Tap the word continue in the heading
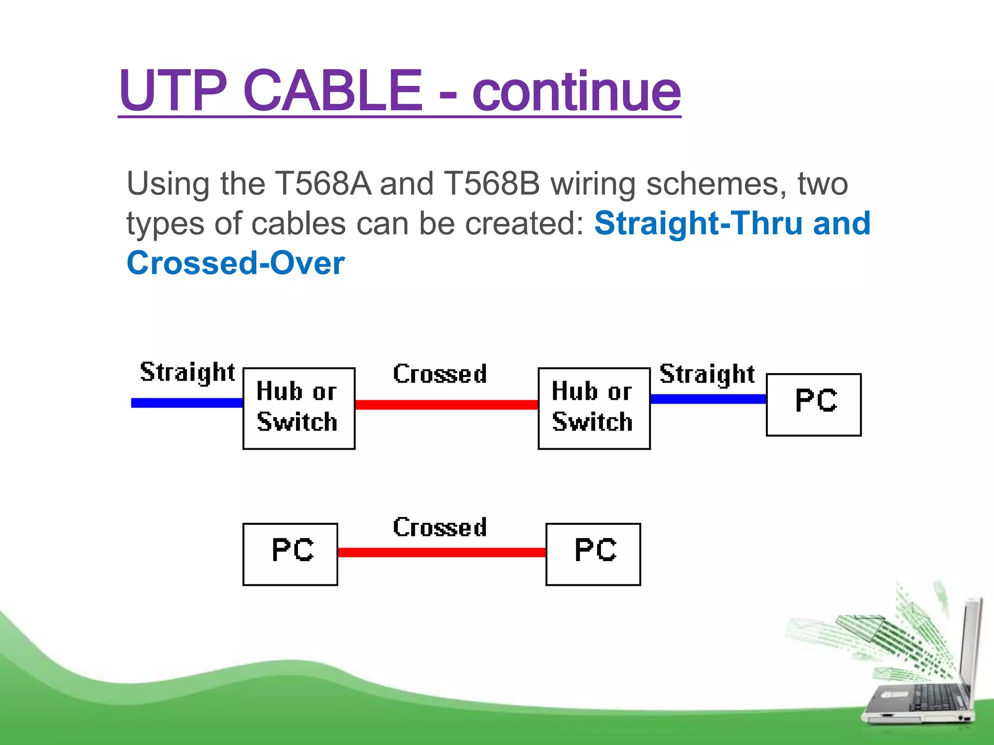pyautogui.click(x=576, y=91)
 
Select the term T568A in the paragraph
pyautogui.click(x=323, y=184)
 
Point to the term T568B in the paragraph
pyautogui.click(x=492, y=184)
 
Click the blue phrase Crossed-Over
pyautogui.click(x=236, y=263)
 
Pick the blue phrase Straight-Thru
pyautogui.click(x=698, y=224)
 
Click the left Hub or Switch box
pyautogui.click(x=299, y=408)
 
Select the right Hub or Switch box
pyautogui.click(x=594, y=408)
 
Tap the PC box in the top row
pyautogui.click(x=813, y=405)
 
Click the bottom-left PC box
pyautogui.click(x=290, y=554)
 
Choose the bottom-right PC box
pyautogui.click(x=593, y=554)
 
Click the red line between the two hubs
pyautogui.click(x=447, y=405)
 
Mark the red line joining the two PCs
pyautogui.click(x=442, y=552)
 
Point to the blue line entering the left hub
pyautogui.click(x=187, y=403)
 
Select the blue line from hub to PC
pyautogui.click(x=708, y=399)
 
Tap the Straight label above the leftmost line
pyautogui.click(x=187, y=372)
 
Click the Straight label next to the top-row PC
pyautogui.click(x=707, y=374)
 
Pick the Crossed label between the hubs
pyautogui.click(x=440, y=374)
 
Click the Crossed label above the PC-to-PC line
pyautogui.click(x=440, y=527)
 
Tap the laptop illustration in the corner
pyautogui.click(x=922, y=679)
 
